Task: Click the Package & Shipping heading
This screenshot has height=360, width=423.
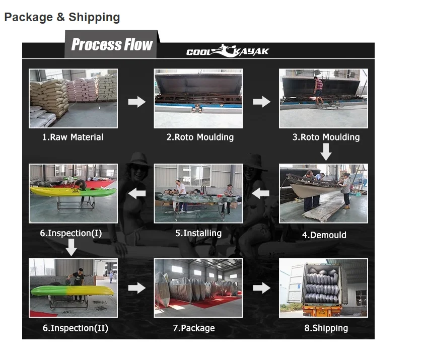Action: tap(62, 18)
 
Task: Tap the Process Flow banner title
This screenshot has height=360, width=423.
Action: tap(112, 45)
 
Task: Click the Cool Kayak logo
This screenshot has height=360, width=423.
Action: tap(228, 51)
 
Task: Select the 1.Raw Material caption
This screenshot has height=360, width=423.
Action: tap(73, 137)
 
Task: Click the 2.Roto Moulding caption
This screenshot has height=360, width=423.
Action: tap(200, 137)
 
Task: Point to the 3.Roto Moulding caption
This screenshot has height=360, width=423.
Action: tap(326, 137)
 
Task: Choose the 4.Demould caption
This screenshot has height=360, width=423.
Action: tap(324, 235)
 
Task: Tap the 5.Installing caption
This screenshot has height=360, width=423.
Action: tap(198, 233)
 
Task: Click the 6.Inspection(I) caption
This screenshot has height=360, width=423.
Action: tap(71, 233)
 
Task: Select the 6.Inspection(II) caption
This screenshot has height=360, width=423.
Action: tap(75, 328)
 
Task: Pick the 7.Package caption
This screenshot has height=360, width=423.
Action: tap(194, 328)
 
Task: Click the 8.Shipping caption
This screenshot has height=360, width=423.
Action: tap(323, 328)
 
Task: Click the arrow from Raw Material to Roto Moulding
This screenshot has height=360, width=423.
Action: tap(136, 102)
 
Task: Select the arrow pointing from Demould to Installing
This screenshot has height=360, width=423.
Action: tap(261, 193)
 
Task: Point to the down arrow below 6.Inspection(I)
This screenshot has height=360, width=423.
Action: tap(72, 247)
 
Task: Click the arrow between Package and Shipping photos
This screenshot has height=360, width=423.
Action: tap(261, 288)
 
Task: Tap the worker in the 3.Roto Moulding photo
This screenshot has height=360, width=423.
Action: tap(318, 90)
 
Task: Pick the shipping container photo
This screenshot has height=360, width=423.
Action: tap(323, 288)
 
